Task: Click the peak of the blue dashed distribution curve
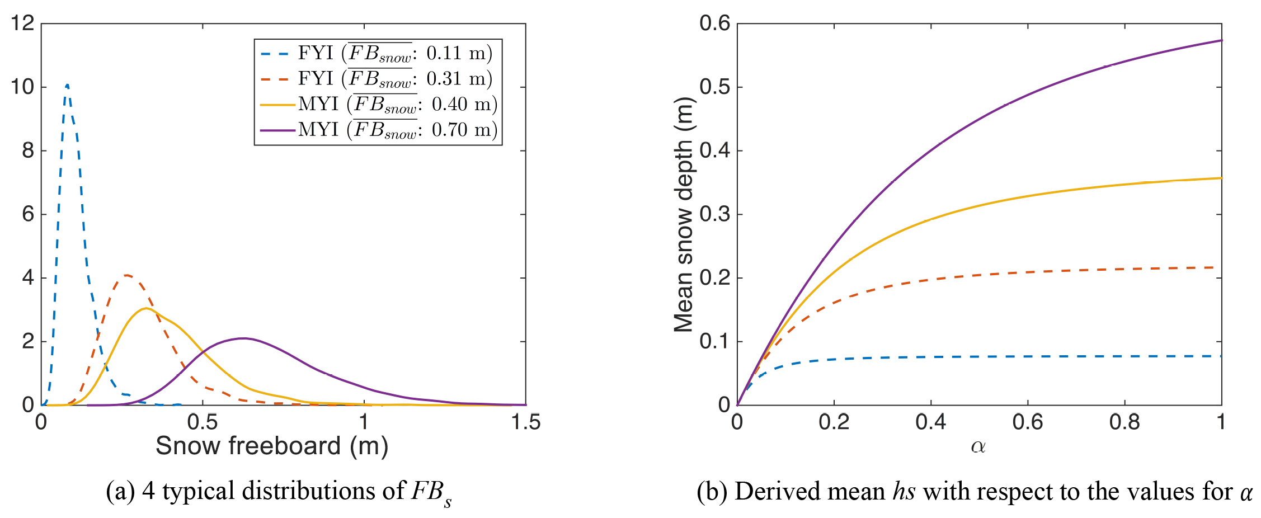click(67, 85)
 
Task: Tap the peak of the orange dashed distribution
click(128, 275)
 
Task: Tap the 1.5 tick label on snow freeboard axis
click(525, 422)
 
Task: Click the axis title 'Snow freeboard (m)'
click(272, 446)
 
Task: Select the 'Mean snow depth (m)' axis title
click(684, 215)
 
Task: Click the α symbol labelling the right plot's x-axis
click(978, 446)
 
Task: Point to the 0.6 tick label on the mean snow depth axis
click(714, 23)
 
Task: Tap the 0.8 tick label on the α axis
click(1124, 422)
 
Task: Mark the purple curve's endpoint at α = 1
click(1221, 40)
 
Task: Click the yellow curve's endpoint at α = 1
click(1221, 178)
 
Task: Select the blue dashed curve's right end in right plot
click(1220, 356)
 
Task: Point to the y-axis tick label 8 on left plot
click(28, 150)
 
